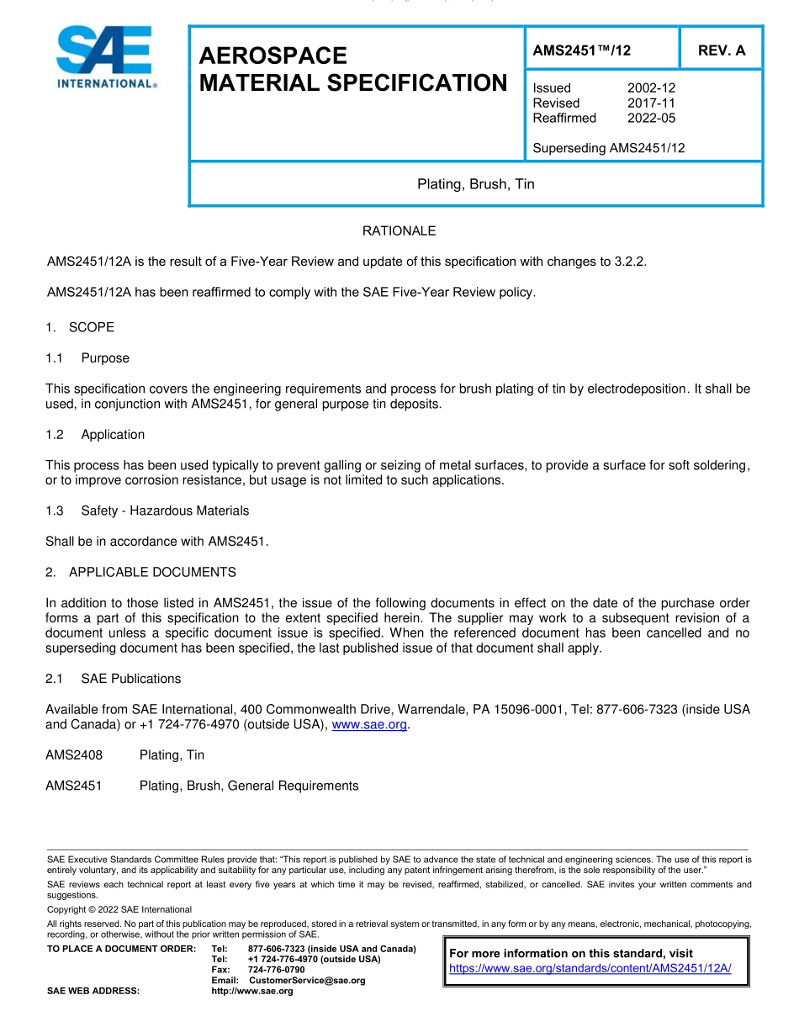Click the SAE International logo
pyautogui.click(x=104, y=57)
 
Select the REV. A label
pyautogui.click(x=721, y=50)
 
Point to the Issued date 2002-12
pyautogui.click(x=651, y=87)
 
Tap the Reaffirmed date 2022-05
pyautogui.click(x=651, y=118)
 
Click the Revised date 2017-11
pyautogui.click(x=651, y=103)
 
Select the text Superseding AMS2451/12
pyautogui.click(x=609, y=148)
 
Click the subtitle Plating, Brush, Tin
pyautogui.click(x=475, y=184)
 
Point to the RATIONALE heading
pyautogui.click(x=399, y=230)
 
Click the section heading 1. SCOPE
pyautogui.click(x=80, y=327)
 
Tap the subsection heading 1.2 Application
pyautogui.click(x=95, y=435)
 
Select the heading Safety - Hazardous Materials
pyautogui.click(x=165, y=511)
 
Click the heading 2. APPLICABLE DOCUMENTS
pyautogui.click(x=140, y=572)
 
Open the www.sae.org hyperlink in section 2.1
pyautogui.click(x=369, y=724)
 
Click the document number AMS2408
pyautogui.click(x=74, y=755)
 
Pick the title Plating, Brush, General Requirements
pyautogui.click(x=249, y=786)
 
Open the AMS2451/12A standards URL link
pyautogui.click(x=590, y=968)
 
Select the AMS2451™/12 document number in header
pyautogui.click(x=581, y=50)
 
